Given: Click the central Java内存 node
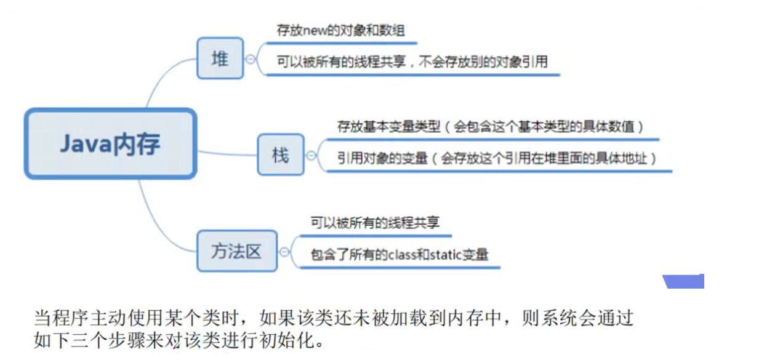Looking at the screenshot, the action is point(110,144).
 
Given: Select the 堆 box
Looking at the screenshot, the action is point(220,58).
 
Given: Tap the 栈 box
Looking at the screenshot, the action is point(280,154).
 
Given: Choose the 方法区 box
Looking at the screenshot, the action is point(237,251).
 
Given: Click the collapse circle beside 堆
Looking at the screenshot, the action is point(251,59).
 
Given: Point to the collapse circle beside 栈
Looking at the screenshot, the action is point(311,156).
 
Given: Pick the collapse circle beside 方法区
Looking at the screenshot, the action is point(284,252).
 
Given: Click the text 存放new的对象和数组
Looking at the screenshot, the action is point(340,31).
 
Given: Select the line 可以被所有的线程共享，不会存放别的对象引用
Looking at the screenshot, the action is point(412,62).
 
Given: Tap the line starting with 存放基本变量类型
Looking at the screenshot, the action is point(490,127).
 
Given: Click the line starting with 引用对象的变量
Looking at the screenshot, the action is point(496,158).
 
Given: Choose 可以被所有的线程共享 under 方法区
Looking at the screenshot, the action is point(375,223).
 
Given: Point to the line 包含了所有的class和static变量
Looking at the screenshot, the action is point(400,254).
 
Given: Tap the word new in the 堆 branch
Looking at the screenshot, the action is point(314,31).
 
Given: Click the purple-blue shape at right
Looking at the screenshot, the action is point(684,282).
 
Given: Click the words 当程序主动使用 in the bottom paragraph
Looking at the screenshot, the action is point(83,319).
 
